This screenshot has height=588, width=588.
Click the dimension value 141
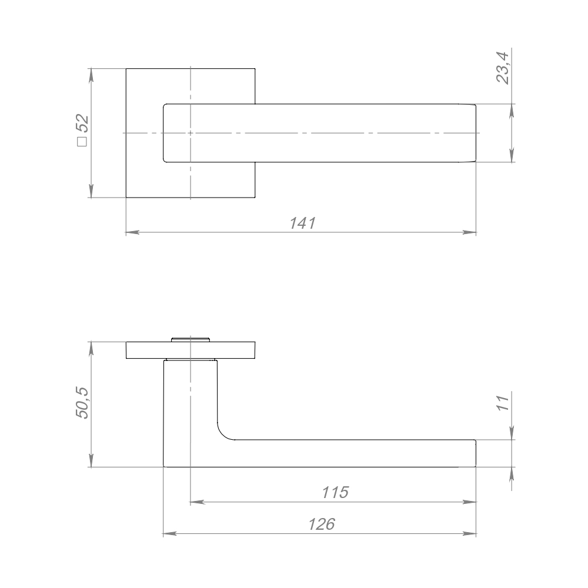(303, 223)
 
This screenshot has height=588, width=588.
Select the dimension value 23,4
(503, 68)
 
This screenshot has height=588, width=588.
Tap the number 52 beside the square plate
(83, 123)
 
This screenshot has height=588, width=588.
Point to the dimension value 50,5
(82, 402)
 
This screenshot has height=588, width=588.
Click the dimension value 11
(503, 403)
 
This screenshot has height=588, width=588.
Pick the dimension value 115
(335, 492)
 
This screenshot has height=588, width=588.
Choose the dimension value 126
(322, 524)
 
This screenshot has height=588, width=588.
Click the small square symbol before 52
(82, 142)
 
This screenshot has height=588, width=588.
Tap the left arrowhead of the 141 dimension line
(132, 232)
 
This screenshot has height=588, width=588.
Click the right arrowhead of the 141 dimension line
(469, 232)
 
